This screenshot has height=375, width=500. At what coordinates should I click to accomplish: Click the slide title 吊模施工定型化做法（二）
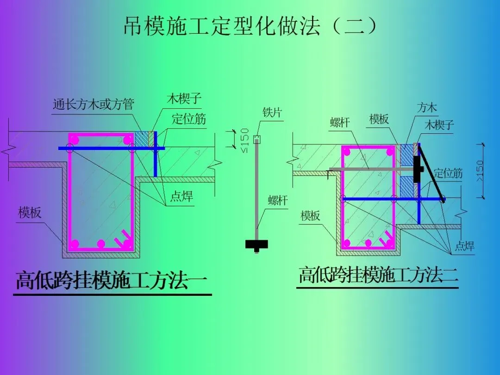tap(250, 26)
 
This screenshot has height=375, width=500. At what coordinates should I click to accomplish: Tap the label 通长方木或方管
tap(94, 105)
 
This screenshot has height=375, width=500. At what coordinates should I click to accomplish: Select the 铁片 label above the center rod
tap(272, 112)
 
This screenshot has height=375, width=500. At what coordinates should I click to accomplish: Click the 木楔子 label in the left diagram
tap(184, 99)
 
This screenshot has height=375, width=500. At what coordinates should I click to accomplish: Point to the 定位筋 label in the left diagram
tap(189, 119)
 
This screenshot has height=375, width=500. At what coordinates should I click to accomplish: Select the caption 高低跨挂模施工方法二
tap(378, 275)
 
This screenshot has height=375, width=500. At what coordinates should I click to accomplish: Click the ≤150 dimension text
tap(245, 140)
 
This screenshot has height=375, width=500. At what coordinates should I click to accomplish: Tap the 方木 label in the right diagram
tap(426, 108)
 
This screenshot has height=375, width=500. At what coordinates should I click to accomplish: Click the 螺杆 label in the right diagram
tap(340, 122)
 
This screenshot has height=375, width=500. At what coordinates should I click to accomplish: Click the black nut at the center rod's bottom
tap(257, 244)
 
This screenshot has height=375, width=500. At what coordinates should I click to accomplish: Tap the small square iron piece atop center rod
tap(257, 138)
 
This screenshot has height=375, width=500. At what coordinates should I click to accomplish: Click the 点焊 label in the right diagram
tap(464, 246)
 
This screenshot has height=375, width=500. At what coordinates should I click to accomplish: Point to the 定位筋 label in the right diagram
tap(448, 174)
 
